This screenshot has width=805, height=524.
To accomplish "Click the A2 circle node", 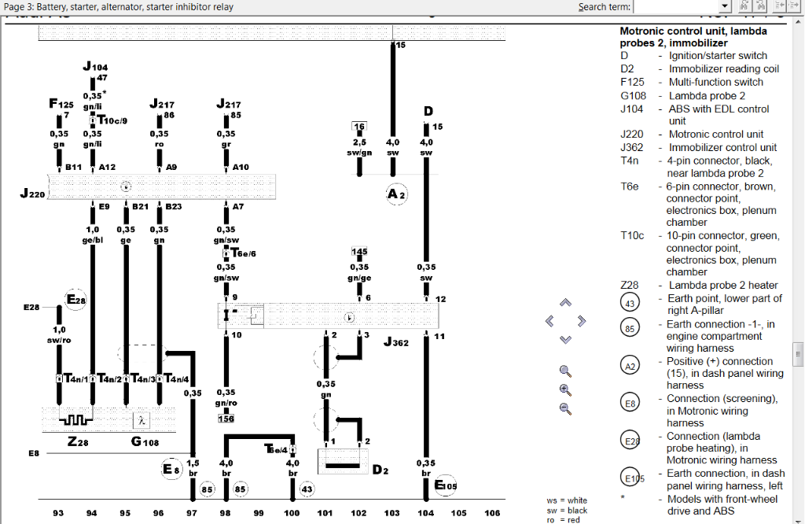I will (x=396, y=194).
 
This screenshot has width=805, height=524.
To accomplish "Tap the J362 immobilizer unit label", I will (x=396, y=343).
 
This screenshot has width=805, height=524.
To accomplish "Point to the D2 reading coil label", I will (x=380, y=470).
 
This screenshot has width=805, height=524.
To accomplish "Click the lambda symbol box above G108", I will (x=142, y=420).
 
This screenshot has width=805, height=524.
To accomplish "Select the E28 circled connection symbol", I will (x=76, y=300).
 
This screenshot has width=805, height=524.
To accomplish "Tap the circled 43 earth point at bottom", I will (x=307, y=489).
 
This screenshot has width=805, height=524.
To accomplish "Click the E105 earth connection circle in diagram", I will (x=445, y=485).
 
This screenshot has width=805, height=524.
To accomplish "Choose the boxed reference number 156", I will (x=226, y=419).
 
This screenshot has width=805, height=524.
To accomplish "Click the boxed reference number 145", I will (x=359, y=252).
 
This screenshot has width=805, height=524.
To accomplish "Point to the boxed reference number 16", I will (x=359, y=127).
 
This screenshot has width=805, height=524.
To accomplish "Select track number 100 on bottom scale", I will (x=292, y=512).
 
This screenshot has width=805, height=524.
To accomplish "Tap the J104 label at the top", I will (x=95, y=67).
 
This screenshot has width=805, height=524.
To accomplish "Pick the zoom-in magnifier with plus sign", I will (x=564, y=389).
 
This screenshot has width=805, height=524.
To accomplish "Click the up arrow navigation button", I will (x=564, y=303).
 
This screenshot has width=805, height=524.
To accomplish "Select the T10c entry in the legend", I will (x=632, y=235).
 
